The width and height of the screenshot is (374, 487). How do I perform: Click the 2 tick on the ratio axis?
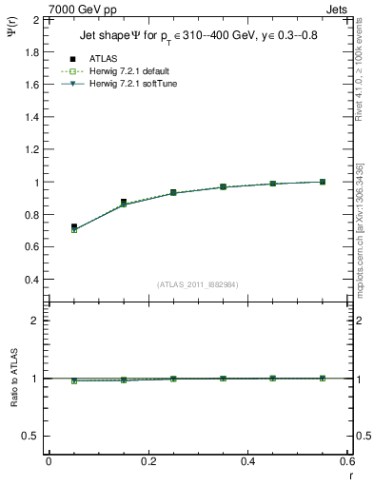(x=35, y=321)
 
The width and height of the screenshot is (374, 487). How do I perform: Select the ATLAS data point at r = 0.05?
(x=73, y=227)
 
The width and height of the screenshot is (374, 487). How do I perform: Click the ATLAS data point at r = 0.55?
(x=323, y=182)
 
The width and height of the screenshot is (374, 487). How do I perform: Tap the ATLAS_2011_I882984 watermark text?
(x=197, y=284)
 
